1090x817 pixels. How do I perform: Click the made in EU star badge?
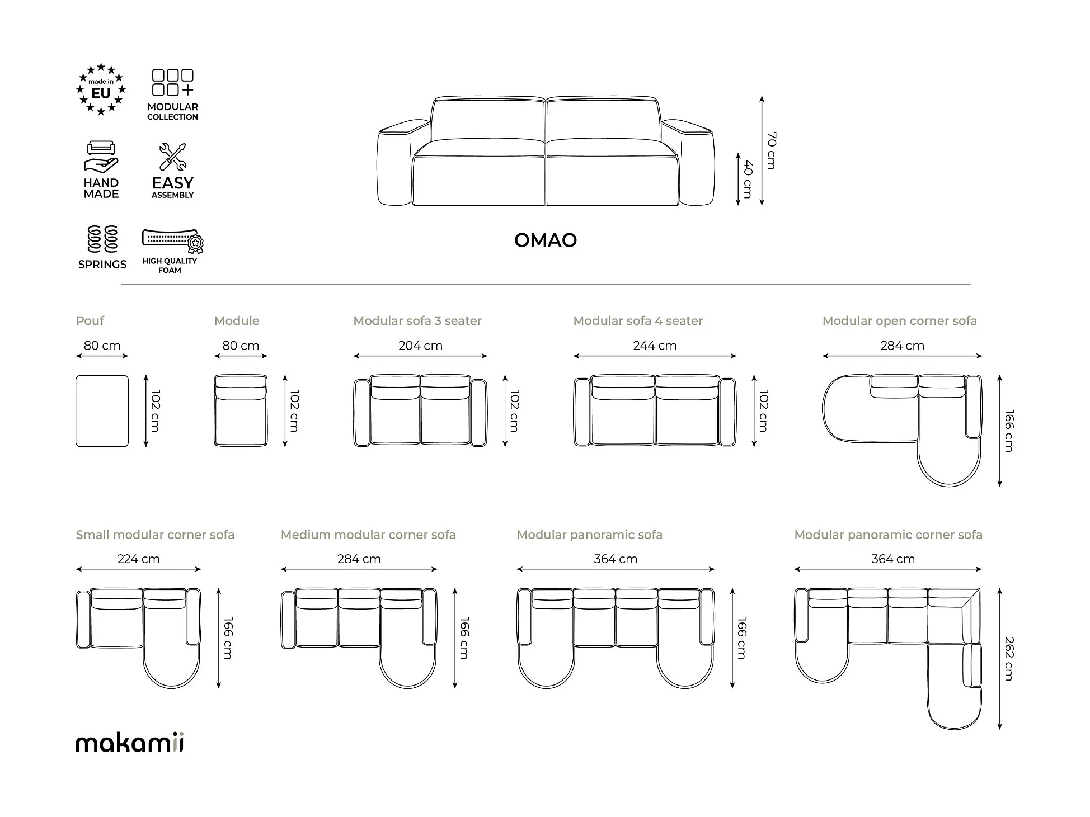101,89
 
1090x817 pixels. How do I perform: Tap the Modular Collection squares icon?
172,83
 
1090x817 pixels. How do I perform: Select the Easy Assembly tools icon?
172,157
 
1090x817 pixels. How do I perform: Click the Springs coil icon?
102,239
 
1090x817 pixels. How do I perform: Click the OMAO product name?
545,240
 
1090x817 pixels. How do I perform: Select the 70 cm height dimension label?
771,150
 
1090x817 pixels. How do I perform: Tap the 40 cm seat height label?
748,179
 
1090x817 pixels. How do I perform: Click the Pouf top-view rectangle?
102,411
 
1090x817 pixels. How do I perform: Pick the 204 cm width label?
420,346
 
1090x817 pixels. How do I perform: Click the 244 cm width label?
655,346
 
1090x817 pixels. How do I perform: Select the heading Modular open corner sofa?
899,321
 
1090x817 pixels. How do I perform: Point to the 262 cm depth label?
1008,658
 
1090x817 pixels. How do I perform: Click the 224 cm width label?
138,559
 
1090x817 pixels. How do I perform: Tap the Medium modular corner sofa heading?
368,535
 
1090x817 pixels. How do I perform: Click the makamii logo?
129,743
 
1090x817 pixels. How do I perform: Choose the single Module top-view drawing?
241,411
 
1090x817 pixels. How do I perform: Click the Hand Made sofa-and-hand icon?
101,157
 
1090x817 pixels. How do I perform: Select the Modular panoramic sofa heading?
589,535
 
